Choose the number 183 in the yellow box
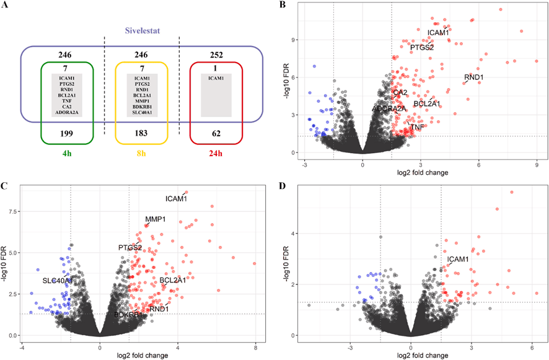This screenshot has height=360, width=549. click(141, 133)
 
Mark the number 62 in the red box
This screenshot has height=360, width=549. click(216, 133)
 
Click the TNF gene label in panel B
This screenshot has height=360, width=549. click(419, 127)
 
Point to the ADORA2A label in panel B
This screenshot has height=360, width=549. click(389, 109)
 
